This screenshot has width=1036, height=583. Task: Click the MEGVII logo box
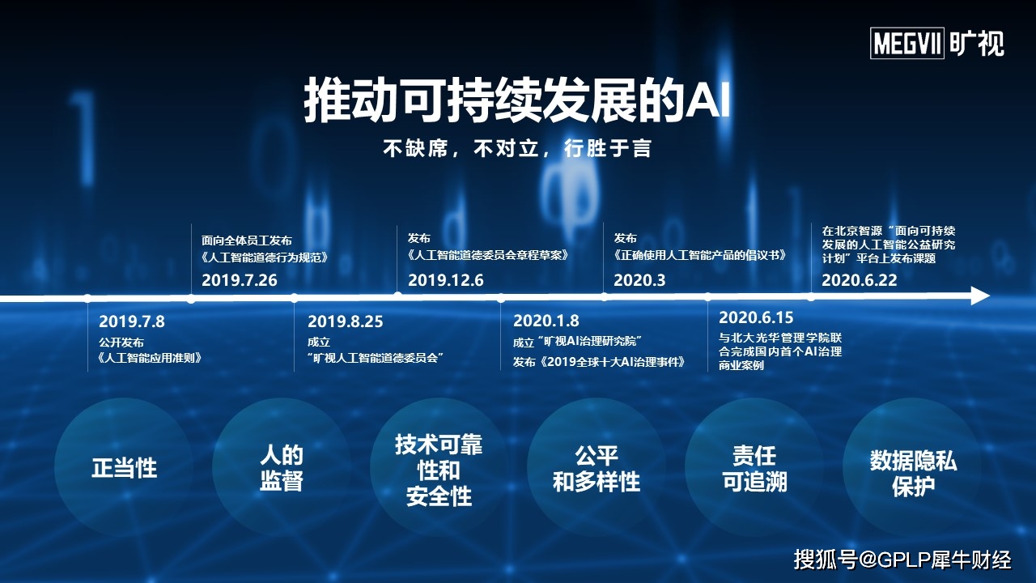907,43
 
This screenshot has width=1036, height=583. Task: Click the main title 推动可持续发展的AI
516,100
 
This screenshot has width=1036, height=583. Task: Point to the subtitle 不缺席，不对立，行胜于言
517,148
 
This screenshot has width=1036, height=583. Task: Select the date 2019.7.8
132,321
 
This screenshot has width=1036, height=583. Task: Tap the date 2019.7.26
239,280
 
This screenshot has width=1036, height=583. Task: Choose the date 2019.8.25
346,321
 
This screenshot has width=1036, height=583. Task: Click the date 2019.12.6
445,280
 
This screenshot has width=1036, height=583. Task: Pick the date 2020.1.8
546,320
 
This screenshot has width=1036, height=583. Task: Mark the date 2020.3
639,280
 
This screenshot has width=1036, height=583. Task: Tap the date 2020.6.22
860,280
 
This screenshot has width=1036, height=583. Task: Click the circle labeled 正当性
124,467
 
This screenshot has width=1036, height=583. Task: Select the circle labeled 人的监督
282,467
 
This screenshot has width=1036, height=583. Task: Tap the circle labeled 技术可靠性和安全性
439,467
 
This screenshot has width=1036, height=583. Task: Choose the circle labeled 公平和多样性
597,467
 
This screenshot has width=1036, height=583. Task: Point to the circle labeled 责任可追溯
754,467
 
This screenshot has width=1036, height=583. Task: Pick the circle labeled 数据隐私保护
912,467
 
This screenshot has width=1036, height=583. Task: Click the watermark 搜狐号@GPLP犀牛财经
902,560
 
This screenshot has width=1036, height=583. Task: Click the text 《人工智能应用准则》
151,358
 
